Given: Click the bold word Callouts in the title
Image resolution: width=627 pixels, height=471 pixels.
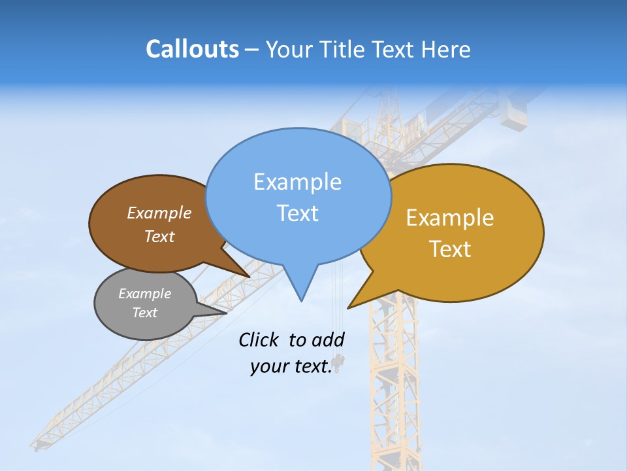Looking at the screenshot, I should (192, 49).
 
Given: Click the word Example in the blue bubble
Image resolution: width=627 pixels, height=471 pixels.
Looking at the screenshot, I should (297, 182).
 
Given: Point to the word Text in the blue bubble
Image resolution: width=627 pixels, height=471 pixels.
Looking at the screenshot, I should (297, 213).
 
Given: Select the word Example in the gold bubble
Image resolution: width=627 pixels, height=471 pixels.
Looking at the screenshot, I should (450, 218).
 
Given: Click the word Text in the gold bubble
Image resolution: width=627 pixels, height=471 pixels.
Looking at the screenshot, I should (450, 249).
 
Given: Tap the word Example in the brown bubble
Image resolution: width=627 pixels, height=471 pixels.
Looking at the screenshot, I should (159, 213).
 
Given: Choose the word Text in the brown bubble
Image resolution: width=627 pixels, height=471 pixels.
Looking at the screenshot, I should (159, 236).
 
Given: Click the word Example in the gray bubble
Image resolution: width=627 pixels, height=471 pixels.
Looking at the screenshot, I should (144, 294).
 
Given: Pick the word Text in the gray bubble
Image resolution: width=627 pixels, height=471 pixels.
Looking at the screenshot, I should (144, 313).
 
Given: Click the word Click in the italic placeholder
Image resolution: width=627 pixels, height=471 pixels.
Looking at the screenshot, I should (258, 340).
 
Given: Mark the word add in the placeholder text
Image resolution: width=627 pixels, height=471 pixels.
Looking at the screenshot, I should (328, 340).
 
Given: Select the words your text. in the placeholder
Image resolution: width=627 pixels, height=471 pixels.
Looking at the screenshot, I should (291, 367).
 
